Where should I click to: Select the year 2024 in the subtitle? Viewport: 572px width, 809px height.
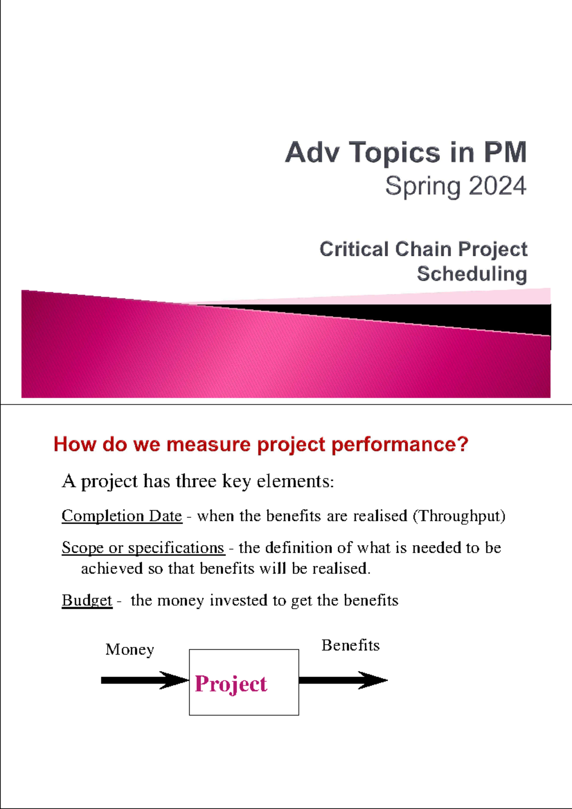point(493,186)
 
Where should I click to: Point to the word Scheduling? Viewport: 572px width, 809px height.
point(472,273)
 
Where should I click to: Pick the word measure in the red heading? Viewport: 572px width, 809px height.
point(208,444)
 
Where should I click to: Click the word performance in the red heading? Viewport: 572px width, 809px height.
point(399,445)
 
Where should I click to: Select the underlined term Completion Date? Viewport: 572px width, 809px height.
point(122,516)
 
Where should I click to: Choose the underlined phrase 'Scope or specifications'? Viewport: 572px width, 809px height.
point(143,548)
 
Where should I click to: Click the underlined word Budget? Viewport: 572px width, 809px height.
point(87,601)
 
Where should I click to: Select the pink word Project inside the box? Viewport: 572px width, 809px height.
point(231,684)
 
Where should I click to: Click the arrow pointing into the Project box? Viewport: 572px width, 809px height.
point(145,680)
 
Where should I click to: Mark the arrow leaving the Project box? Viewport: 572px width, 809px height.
point(343,680)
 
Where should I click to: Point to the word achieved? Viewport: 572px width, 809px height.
point(112,568)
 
